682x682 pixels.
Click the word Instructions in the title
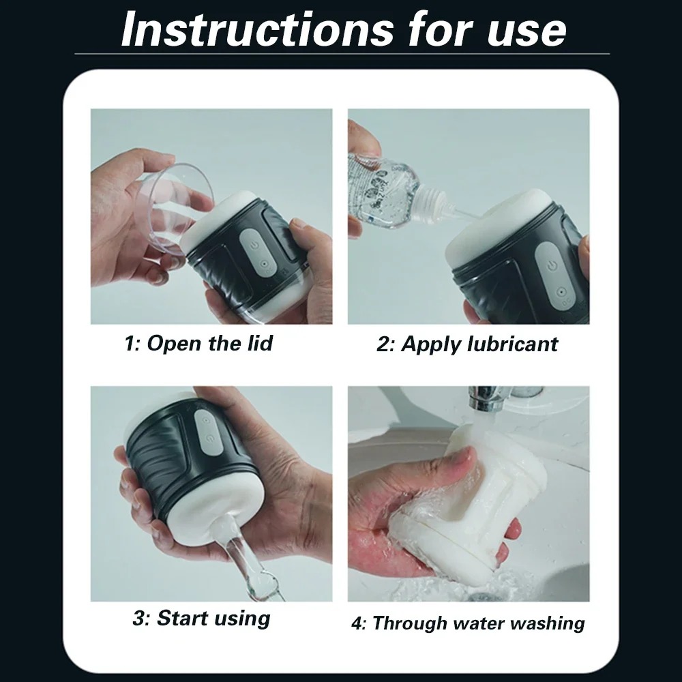pyautogui.click(x=257, y=29)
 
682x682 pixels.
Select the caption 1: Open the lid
pyautogui.click(x=198, y=343)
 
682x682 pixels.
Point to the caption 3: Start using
pyautogui.click(x=201, y=619)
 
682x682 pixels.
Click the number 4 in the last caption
pyautogui.click(x=357, y=624)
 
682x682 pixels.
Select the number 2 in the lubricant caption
pyautogui.click(x=383, y=344)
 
